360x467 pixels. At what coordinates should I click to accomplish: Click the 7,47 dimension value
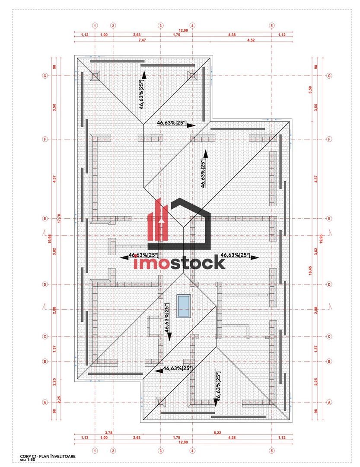coord(142,40)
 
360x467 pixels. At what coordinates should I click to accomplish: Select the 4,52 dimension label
coord(251,40)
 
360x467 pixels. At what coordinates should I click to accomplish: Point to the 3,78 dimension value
coord(108,432)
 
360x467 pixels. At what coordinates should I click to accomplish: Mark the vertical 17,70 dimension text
coord(59,218)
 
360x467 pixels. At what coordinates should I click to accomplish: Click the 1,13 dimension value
coord(85,438)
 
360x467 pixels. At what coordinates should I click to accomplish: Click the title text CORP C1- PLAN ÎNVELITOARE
coord(48,456)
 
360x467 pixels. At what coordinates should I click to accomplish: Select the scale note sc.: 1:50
coord(28,460)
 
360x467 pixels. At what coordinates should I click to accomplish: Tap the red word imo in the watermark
coord(152,262)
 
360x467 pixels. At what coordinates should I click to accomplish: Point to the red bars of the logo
coord(157,220)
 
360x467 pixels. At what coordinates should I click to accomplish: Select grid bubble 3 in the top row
coord(161,26)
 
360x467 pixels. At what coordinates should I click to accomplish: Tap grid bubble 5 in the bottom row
coord(272,451)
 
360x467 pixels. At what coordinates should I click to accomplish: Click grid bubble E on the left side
coord(45,219)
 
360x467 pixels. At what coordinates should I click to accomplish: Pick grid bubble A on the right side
coord(329,403)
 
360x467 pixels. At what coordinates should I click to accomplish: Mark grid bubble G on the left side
coord(45,76)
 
